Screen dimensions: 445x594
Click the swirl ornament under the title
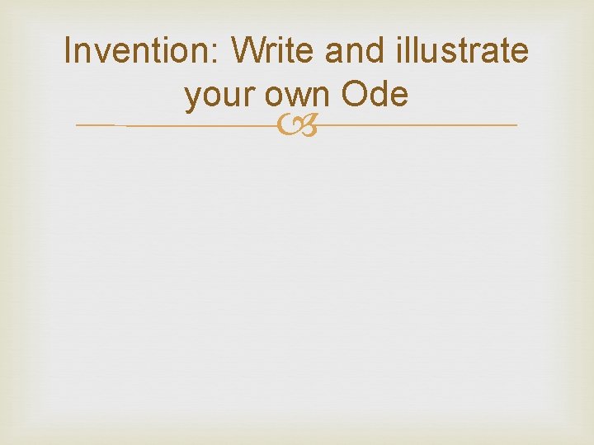(x=296, y=126)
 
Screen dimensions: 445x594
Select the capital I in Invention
(x=68, y=51)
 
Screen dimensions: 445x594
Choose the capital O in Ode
(x=352, y=96)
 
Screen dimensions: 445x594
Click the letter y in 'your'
(x=193, y=99)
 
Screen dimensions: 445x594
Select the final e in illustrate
(x=519, y=54)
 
